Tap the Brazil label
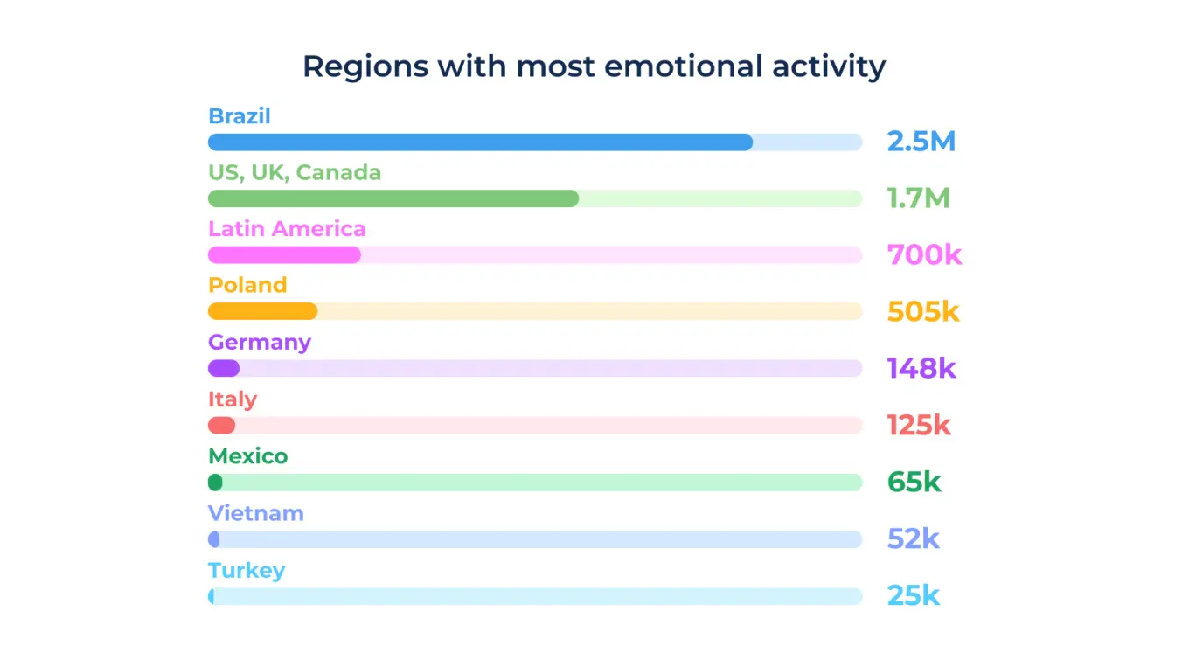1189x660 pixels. (x=239, y=116)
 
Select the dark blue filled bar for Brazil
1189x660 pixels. (x=480, y=142)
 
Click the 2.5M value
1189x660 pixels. (x=921, y=142)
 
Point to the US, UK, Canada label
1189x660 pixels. (x=295, y=173)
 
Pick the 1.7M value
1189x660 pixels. (x=917, y=198)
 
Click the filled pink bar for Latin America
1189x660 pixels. (x=284, y=255)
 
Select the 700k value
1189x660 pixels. (x=924, y=255)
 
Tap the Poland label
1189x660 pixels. (x=247, y=285)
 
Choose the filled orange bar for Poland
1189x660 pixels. (x=262, y=312)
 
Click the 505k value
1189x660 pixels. (x=923, y=311)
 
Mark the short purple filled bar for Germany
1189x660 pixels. (x=224, y=369)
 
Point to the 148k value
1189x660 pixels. (x=921, y=368)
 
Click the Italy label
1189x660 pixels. (x=233, y=399)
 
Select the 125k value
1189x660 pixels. (x=919, y=426)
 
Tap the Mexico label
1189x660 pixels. (x=247, y=456)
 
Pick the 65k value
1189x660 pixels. (x=914, y=482)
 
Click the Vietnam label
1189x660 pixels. (x=255, y=513)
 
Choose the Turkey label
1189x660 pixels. (x=247, y=571)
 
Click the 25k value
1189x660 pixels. (x=913, y=596)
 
